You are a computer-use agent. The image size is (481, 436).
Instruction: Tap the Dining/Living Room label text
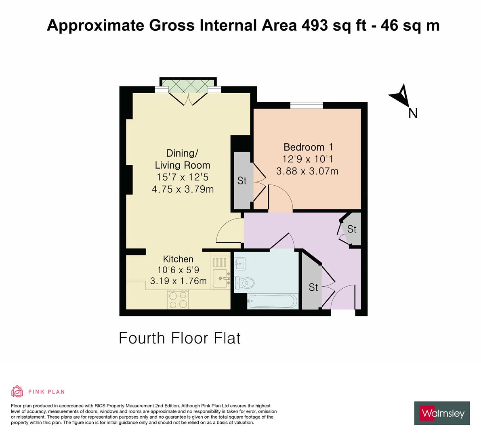pyautogui.click(x=183, y=159)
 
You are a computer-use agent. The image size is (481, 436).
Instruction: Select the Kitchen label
pyautogui.click(x=178, y=259)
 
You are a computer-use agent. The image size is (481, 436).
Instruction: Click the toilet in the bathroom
pyautogui.click(x=244, y=283)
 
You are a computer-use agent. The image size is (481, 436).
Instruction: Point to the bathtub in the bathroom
pyautogui.click(x=273, y=301)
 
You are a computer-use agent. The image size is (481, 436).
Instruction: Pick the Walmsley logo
pyautogui.click(x=442, y=413)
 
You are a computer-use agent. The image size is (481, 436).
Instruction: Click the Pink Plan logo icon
pyautogui.click(x=17, y=391)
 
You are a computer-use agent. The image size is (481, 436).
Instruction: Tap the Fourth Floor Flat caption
pyautogui.click(x=180, y=338)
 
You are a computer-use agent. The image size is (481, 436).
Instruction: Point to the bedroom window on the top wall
pyautogui.click(x=306, y=105)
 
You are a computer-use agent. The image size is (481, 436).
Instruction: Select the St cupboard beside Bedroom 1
pyautogui.click(x=242, y=180)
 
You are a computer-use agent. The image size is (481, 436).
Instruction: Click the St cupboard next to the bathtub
pyautogui.click(x=313, y=287)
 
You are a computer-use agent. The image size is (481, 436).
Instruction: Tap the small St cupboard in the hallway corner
pyautogui.click(x=352, y=229)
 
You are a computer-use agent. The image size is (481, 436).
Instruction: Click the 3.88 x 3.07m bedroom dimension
pyautogui.click(x=307, y=171)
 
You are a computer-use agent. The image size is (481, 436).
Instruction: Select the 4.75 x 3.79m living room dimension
pyautogui.click(x=183, y=189)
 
